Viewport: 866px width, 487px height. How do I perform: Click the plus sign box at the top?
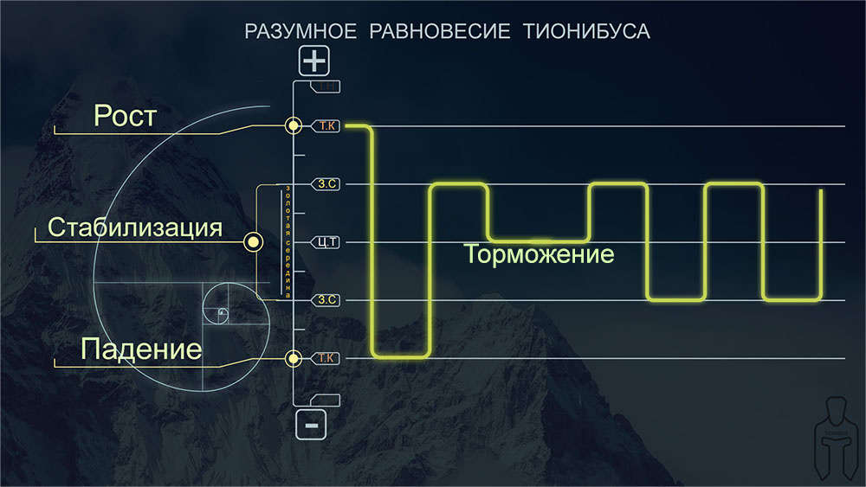coord(314,61)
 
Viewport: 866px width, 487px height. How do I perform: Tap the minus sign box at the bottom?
coord(312,424)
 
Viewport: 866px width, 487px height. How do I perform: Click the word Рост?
coord(126,116)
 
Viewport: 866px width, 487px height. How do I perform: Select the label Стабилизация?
coord(135,228)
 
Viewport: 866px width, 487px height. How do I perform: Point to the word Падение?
coord(141,349)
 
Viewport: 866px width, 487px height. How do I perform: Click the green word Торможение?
coord(539,255)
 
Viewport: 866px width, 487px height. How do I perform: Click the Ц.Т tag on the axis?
coord(325,242)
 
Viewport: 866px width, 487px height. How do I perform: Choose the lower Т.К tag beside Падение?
coord(326,357)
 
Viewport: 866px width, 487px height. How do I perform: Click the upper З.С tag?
coord(326,184)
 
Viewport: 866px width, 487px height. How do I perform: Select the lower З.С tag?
coord(326,299)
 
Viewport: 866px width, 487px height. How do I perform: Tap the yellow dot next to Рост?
coord(294,126)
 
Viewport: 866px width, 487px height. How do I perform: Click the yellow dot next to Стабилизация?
coord(253,242)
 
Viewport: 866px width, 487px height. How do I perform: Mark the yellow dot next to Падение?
coord(294,357)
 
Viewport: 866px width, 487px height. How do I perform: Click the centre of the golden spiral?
coord(222,311)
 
